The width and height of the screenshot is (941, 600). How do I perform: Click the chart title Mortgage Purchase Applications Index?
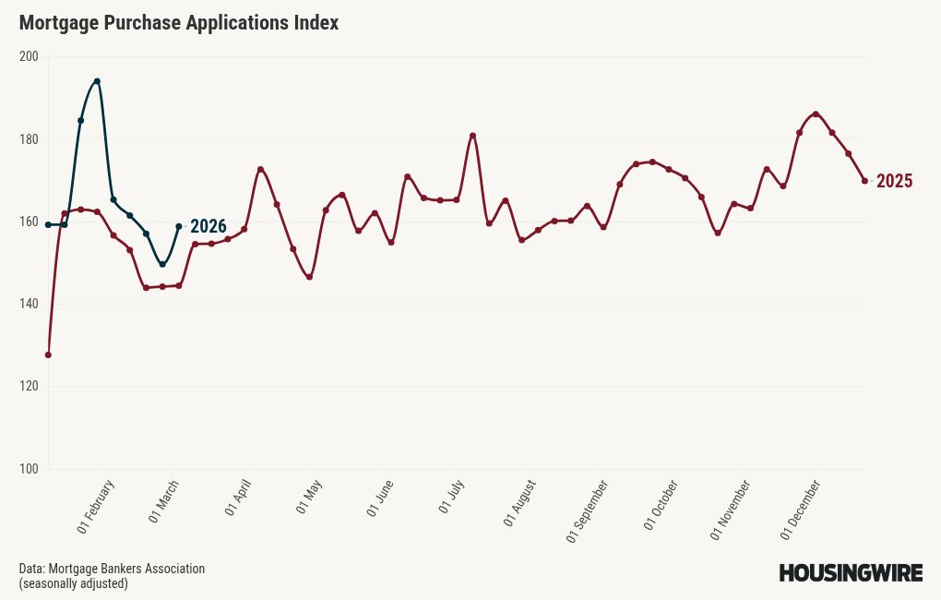point(179,23)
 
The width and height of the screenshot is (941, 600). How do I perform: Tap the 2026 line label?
point(208,227)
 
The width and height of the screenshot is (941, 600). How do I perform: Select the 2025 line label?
point(894,181)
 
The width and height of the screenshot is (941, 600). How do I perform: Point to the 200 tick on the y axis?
point(29,56)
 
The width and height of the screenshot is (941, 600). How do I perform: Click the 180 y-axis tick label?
point(29,139)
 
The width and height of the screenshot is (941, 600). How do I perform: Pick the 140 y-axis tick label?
point(29,305)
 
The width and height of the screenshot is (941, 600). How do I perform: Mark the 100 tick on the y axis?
point(29,470)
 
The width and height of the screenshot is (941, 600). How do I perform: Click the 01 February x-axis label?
point(96,507)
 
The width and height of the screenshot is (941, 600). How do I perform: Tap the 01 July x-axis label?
point(450,498)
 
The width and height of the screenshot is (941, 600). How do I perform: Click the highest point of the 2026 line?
point(97,81)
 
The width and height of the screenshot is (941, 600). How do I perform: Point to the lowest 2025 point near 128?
point(48,354)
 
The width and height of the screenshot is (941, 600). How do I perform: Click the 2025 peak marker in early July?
point(472,136)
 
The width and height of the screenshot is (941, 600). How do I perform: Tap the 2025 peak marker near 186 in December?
point(816,114)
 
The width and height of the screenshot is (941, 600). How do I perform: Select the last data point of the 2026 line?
point(179,226)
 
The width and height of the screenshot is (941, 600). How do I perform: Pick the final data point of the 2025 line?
point(864,181)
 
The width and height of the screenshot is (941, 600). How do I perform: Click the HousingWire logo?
point(851,573)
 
